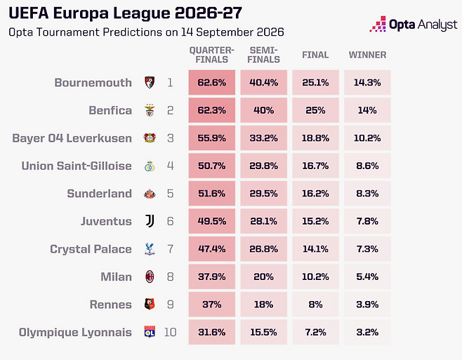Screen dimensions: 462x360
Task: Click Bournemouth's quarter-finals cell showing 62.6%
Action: pyautogui.click(x=212, y=83)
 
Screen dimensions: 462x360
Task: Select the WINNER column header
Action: pyautogui.click(x=367, y=55)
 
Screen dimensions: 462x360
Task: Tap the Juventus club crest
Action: pyautogui.click(x=150, y=221)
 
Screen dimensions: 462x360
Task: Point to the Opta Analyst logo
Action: pyautogui.click(x=414, y=24)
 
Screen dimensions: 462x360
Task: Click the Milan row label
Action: pyautogui.click(x=116, y=276)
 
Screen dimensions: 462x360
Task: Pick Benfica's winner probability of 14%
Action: pyautogui.click(x=367, y=110)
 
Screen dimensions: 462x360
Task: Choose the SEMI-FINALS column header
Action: pyautogui.click(x=264, y=55)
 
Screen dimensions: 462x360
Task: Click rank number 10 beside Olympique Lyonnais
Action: pyautogui.click(x=171, y=332)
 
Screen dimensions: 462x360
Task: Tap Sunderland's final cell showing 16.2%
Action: pyautogui.click(x=315, y=194)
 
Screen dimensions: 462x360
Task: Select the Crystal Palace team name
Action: pyautogui.click(x=91, y=249)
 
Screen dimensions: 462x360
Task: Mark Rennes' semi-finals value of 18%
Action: pyautogui.click(x=264, y=305)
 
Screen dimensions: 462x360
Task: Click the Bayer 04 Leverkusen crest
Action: pyautogui.click(x=150, y=138)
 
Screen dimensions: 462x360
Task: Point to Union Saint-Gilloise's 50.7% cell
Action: pyautogui.click(x=212, y=166)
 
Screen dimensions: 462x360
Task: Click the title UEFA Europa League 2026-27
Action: pyautogui.click(x=125, y=13)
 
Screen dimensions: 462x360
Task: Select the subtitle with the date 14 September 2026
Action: pyautogui.click(x=146, y=32)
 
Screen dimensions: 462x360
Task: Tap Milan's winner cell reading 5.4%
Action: pyautogui.click(x=367, y=276)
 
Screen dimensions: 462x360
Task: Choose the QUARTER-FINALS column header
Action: pyautogui.click(x=212, y=55)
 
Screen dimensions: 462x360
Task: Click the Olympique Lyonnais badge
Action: pyautogui.click(x=150, y=332)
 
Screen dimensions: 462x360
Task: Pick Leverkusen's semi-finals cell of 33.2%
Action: pyautogui.click(x=264, y=138)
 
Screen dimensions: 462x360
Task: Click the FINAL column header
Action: pyautogui.click(x=315, y=55)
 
